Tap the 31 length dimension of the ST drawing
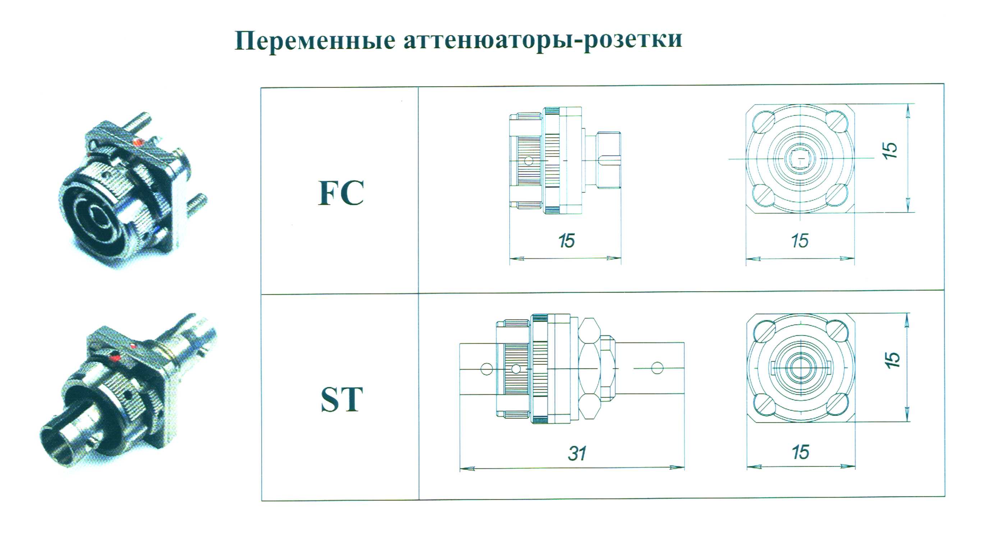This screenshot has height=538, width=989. click(x=577, y=454)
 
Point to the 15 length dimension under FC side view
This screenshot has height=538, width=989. click(x=566, y=241)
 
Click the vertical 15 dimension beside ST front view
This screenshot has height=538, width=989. click(x=892, y=360)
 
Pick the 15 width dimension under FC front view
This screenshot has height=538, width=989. click(x=800, y=241)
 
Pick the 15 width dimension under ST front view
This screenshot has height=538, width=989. click(x=800, y=452)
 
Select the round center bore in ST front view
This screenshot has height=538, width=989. click(x=800, y=368)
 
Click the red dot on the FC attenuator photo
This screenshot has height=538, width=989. click(x=137, y=142)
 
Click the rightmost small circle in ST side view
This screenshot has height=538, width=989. click(x=657, y=368)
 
